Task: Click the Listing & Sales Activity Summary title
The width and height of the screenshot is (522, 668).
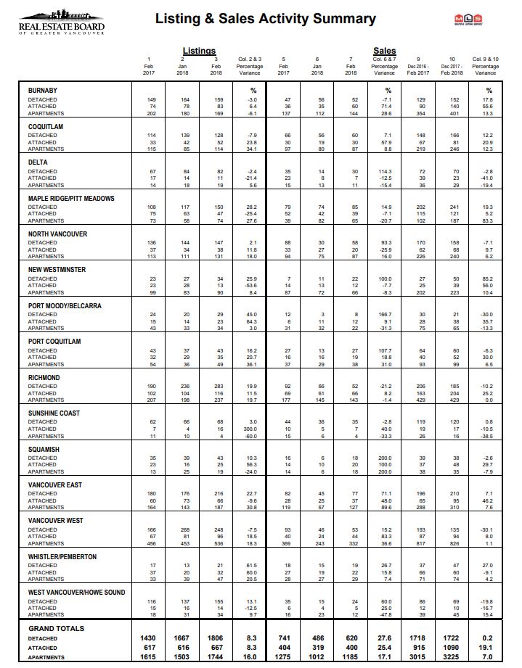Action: (265, 19)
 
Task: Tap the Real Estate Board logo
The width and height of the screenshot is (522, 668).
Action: (62, 22)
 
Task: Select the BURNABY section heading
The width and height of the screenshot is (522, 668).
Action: (43, 91)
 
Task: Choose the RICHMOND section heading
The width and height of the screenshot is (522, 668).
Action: (44, 378)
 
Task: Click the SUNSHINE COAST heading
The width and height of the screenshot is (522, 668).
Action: (53, 413)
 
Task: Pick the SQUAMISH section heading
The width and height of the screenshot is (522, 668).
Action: (44, 450)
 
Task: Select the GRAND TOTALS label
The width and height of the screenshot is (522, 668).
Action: (56, 629)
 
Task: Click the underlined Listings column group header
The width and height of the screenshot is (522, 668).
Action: (199, 51)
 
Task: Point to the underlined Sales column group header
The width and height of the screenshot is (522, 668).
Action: (384, 51)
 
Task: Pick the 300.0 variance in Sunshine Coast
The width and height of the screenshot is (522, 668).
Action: (250, 429)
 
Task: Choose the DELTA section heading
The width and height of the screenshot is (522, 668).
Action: (38, 162)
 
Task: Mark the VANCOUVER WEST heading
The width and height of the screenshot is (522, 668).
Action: (56, 521)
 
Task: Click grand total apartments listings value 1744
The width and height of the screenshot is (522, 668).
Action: (216, 658)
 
